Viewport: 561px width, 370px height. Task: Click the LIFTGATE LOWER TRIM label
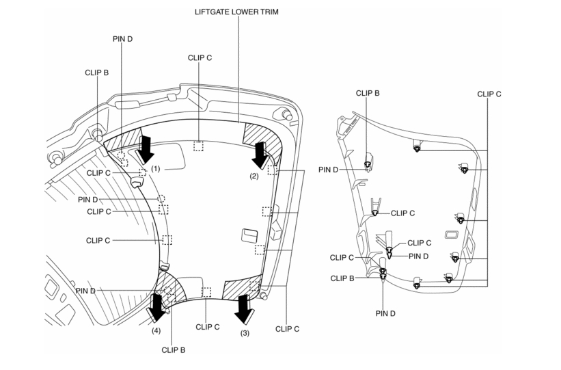[x=237, y=12]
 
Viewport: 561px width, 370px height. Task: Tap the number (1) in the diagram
[x=155, y=168]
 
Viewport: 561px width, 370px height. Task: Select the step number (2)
[x=254, y=176]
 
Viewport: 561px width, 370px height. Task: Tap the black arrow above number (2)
[x=260, y=155]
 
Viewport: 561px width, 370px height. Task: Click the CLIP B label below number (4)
[x=174, y=349]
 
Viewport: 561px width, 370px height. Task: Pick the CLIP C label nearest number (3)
[x=208, y=327]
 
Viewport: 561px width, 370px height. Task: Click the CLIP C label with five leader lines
[x=489, y=94]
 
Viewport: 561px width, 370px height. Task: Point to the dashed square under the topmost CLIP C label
[x=199, y=146]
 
